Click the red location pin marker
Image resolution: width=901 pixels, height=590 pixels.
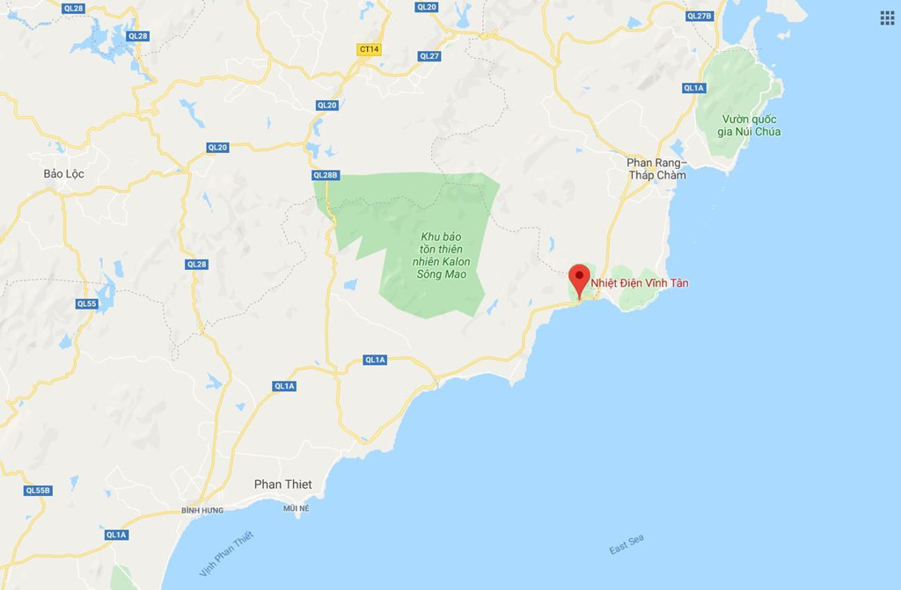578,279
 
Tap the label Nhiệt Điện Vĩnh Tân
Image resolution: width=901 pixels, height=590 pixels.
640,283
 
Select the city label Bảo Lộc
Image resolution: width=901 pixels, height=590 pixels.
63,174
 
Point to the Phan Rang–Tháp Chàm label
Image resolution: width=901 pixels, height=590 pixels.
656,169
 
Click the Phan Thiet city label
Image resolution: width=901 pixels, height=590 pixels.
282,484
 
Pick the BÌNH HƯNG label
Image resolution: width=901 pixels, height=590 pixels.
202,510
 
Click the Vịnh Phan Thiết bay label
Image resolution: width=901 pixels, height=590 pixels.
226,554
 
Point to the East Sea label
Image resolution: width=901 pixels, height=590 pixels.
626,544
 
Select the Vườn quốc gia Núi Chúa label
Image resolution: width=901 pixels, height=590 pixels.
749,126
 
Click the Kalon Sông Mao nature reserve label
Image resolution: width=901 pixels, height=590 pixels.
442,256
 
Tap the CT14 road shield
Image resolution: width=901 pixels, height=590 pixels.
370,49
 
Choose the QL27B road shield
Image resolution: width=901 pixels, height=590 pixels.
699,16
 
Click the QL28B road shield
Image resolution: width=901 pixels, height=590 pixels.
325,175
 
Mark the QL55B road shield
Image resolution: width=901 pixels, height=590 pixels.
38,491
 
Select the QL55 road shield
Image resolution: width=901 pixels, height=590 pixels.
86,303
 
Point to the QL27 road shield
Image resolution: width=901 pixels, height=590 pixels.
429,55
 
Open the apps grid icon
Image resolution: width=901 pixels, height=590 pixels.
886,18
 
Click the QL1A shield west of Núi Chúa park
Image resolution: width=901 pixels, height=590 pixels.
694,88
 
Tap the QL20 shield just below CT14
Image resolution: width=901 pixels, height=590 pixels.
326,106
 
